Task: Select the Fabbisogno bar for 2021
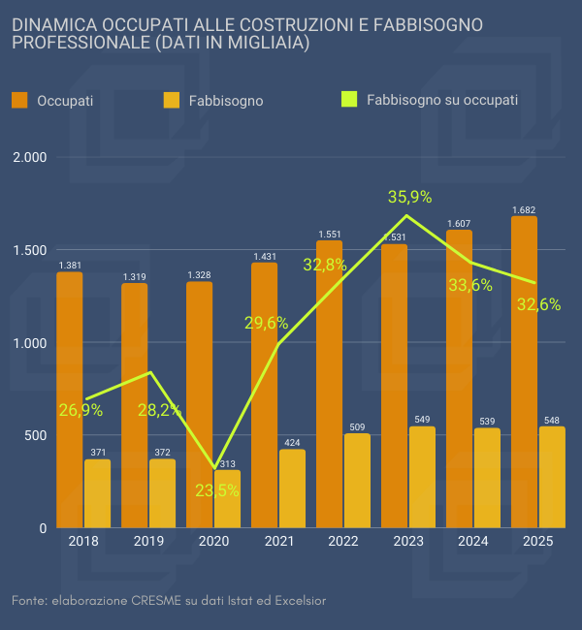(292, 488)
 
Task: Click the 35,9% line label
(409, 197)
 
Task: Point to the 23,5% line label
(217, 490)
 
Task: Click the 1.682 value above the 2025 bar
(524, 209)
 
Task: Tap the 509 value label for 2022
(357, 426)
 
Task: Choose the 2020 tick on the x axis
(212, 541)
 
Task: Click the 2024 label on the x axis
(472, 541)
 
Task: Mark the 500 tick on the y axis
(36, 436)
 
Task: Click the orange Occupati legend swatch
(19, 99)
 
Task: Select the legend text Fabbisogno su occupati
(442, 99)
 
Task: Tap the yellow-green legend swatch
(350, 99)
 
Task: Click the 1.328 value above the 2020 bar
(199, 275)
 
